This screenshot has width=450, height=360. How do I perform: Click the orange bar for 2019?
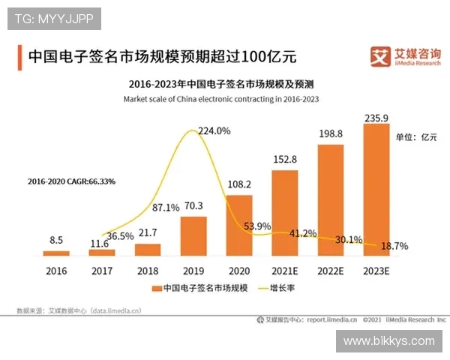pyautogui.click(x=193, y=236)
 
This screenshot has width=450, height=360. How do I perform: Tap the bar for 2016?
pyautogui.click(x=56, y=253)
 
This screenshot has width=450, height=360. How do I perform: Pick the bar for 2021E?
pyautogui.click(x=284, y=213)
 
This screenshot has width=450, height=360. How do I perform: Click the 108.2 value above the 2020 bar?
pyautogui.click(x=239, y=183)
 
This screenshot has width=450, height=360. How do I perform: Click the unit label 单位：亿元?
pyautogui.click(x=416, y=137)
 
